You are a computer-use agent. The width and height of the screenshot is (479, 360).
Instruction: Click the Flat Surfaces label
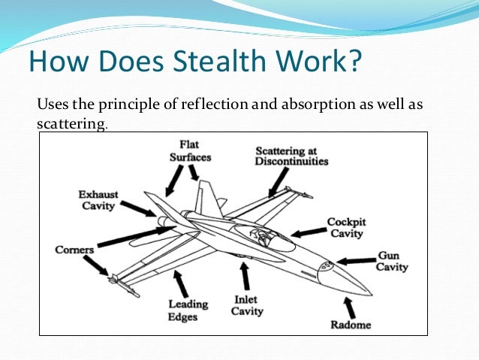pos(190,150)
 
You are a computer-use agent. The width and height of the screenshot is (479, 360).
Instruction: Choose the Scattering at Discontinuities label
pos(291,156)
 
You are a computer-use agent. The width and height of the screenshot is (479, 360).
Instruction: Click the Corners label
pos(74,250)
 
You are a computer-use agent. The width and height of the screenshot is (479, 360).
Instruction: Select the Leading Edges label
pos(182,310)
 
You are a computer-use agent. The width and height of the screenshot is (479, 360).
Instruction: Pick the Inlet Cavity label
pos(246,305)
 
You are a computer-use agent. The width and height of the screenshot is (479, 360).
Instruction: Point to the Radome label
pos(350,325)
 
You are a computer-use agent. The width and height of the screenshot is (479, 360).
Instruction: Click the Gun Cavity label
pos(392,261)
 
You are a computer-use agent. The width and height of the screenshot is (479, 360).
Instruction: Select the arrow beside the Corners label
pos(96,265)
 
